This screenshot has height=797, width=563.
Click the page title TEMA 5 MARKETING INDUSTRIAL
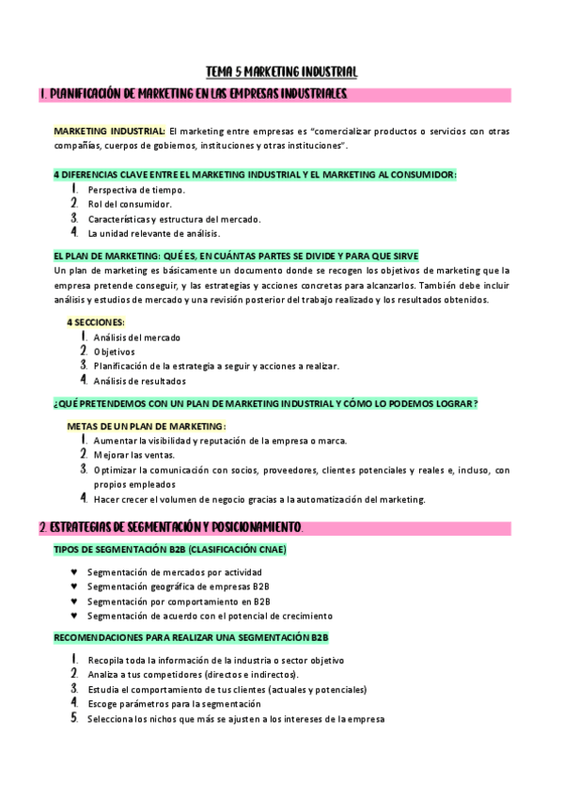[x=281, y=71]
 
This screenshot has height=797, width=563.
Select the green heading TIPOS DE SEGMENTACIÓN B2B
[x=170, y=549]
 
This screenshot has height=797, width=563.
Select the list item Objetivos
[x=114, y=352]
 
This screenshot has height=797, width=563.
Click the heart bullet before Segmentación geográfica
[x=74, y=586]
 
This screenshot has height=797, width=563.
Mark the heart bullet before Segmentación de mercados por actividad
[x=74, y=571]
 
